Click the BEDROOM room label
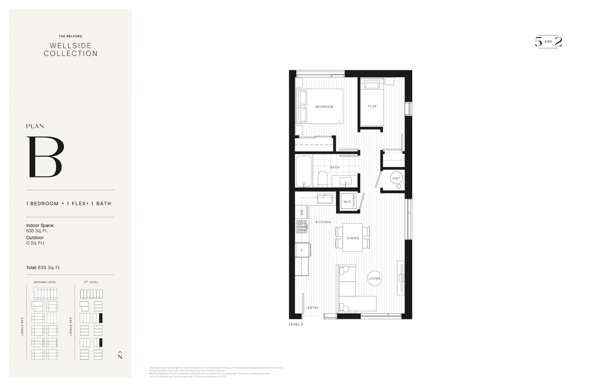[x=324, y=107]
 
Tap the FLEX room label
[x=372, y=106]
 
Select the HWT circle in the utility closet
[x=396, y=178]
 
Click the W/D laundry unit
[x=348, y=201]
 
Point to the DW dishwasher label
[x=301, y=212]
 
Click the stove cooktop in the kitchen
[x=302, y=227]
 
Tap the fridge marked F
[x=302, y=250]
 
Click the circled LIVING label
[x=374, y=278]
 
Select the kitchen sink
[x=325, y=199]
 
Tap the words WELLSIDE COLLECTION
[x=70, y=49]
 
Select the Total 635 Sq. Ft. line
[x=43, y=267]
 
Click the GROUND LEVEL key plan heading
[x=45, y=282]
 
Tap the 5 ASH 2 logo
[x=548, y=42]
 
